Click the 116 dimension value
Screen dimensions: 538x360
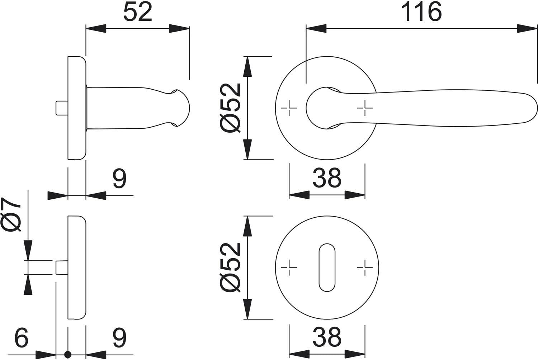point(421,11)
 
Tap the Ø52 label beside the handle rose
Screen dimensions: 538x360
point(230,108)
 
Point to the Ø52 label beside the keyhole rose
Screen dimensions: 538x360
point(230,267)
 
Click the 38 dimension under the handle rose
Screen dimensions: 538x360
point(327,178)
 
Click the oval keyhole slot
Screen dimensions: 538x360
point(327,267)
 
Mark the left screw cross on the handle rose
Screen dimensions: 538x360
point(289,108)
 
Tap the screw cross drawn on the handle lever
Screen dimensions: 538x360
point(365,108)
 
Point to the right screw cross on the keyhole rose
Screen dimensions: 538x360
point(365,267)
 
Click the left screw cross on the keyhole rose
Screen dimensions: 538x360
point(289,267)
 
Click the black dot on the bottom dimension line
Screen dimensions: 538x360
point(68,355)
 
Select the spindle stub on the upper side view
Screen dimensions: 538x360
point(62,108)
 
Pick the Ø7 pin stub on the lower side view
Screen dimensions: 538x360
point(62,267)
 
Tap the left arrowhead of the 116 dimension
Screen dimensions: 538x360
point(316,29)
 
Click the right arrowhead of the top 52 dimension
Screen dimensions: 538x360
point(179,29)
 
